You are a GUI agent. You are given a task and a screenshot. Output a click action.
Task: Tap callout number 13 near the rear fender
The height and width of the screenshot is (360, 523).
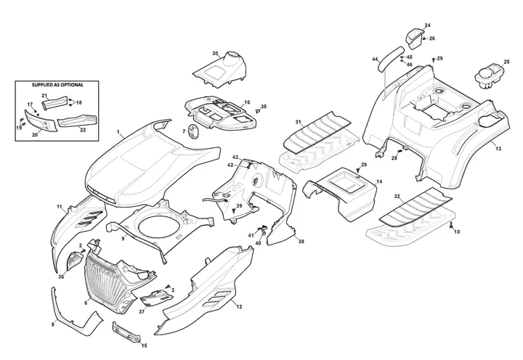click(498, 148)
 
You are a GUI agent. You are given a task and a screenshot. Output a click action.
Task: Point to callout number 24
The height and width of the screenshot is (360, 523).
click(427, 25)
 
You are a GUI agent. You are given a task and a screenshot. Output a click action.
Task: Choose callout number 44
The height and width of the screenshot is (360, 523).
click(375, 59)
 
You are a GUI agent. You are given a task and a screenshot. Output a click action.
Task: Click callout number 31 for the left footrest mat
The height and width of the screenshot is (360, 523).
click(299, 121)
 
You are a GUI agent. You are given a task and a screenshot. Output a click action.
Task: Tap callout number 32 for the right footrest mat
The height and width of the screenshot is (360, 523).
click(397, 197)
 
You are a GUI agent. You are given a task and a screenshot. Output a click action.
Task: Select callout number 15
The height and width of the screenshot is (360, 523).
click(144, 345)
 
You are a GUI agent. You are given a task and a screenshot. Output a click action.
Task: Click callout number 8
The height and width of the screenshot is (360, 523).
click(52, 324)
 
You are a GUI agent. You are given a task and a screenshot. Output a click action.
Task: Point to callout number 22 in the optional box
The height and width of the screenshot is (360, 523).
click(83, 130)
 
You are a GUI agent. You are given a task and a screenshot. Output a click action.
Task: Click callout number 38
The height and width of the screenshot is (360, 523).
click(301, 240)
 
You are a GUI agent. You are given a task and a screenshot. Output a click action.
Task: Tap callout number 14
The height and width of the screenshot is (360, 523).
click(378, 182)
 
